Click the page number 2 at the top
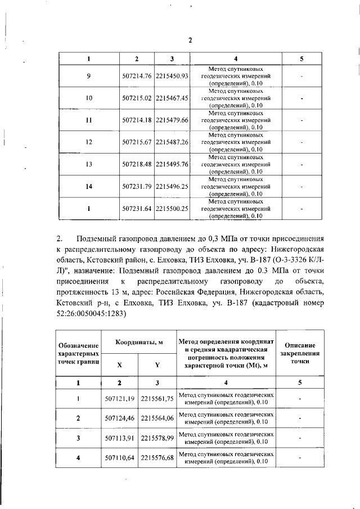pyautogui.click(x=190, y=40)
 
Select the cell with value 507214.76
pyautogui.click(x=137, y=76)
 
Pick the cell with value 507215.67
pyautogui.click(x=137, y=142)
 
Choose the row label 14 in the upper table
pyautogui.click(x=88, y=186)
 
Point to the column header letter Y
pyautogui.click(x=157, y=364)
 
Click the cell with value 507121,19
pyautogui.click(x=119, y=399)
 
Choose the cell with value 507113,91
pyautogui.click(x=119, y=438)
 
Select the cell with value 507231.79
pyautogui.click(x=137, y=186)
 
